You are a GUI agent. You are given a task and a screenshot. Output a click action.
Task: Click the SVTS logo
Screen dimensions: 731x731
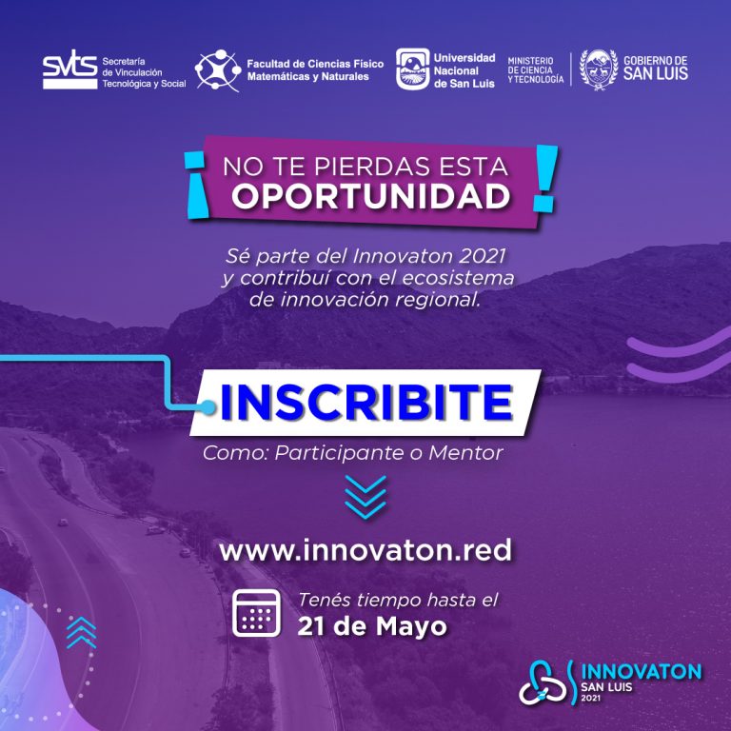69,69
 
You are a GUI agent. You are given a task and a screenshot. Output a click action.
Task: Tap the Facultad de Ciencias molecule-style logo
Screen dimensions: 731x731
218,70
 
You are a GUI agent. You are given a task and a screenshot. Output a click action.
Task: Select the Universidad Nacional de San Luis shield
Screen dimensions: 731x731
412,69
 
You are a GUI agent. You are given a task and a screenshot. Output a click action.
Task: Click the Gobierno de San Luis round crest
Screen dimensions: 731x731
598,69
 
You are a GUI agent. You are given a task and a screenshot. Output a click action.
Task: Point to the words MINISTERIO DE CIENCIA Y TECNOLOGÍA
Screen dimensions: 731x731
535,70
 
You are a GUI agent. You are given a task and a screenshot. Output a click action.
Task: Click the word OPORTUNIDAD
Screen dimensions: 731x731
371,196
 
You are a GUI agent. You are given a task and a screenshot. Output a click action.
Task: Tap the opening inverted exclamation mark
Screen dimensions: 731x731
196,185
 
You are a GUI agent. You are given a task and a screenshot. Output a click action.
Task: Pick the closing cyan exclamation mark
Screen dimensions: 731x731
545,178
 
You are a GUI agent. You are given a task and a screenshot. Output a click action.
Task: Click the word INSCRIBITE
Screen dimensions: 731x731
366,403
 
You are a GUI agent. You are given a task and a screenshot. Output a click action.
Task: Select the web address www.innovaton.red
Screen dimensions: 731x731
365,550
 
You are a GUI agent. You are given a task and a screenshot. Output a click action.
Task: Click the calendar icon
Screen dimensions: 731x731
256,613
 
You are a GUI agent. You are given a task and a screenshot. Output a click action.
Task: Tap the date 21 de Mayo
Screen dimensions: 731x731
371,626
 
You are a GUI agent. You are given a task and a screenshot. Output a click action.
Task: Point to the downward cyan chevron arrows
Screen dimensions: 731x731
365,498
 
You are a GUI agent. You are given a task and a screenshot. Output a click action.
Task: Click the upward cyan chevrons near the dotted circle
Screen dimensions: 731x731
81,633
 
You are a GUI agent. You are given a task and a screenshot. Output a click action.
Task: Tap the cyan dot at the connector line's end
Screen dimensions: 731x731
207,408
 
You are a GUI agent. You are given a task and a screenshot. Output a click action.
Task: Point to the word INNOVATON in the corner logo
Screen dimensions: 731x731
642,672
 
